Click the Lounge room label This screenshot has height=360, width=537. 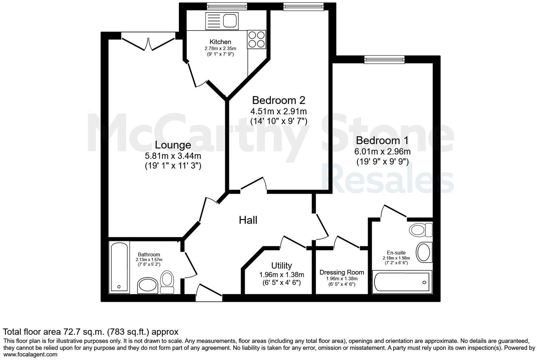(x=173, y=145)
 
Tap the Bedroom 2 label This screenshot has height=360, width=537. (x=278, y=100)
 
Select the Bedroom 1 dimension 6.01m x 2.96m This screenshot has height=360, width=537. (x=383, y=152)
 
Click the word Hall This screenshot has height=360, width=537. (x=248, y=220)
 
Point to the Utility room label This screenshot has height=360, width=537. (x=281, y=266)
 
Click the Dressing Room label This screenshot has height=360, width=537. (x=342, y=273)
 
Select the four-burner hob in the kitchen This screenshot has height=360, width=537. (x=256, y=39)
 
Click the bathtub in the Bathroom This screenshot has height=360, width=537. (x=119, y=267)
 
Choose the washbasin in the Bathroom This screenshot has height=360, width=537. (x=147, y=285)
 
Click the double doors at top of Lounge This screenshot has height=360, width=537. (x=148, y=42)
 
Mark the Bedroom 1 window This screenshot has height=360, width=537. (x=384, y=59)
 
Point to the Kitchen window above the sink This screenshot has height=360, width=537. (x=227, y=6)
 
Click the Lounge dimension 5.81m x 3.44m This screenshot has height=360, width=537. (x=173, y=156)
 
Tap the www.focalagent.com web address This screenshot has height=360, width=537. (x=30, y=355)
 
